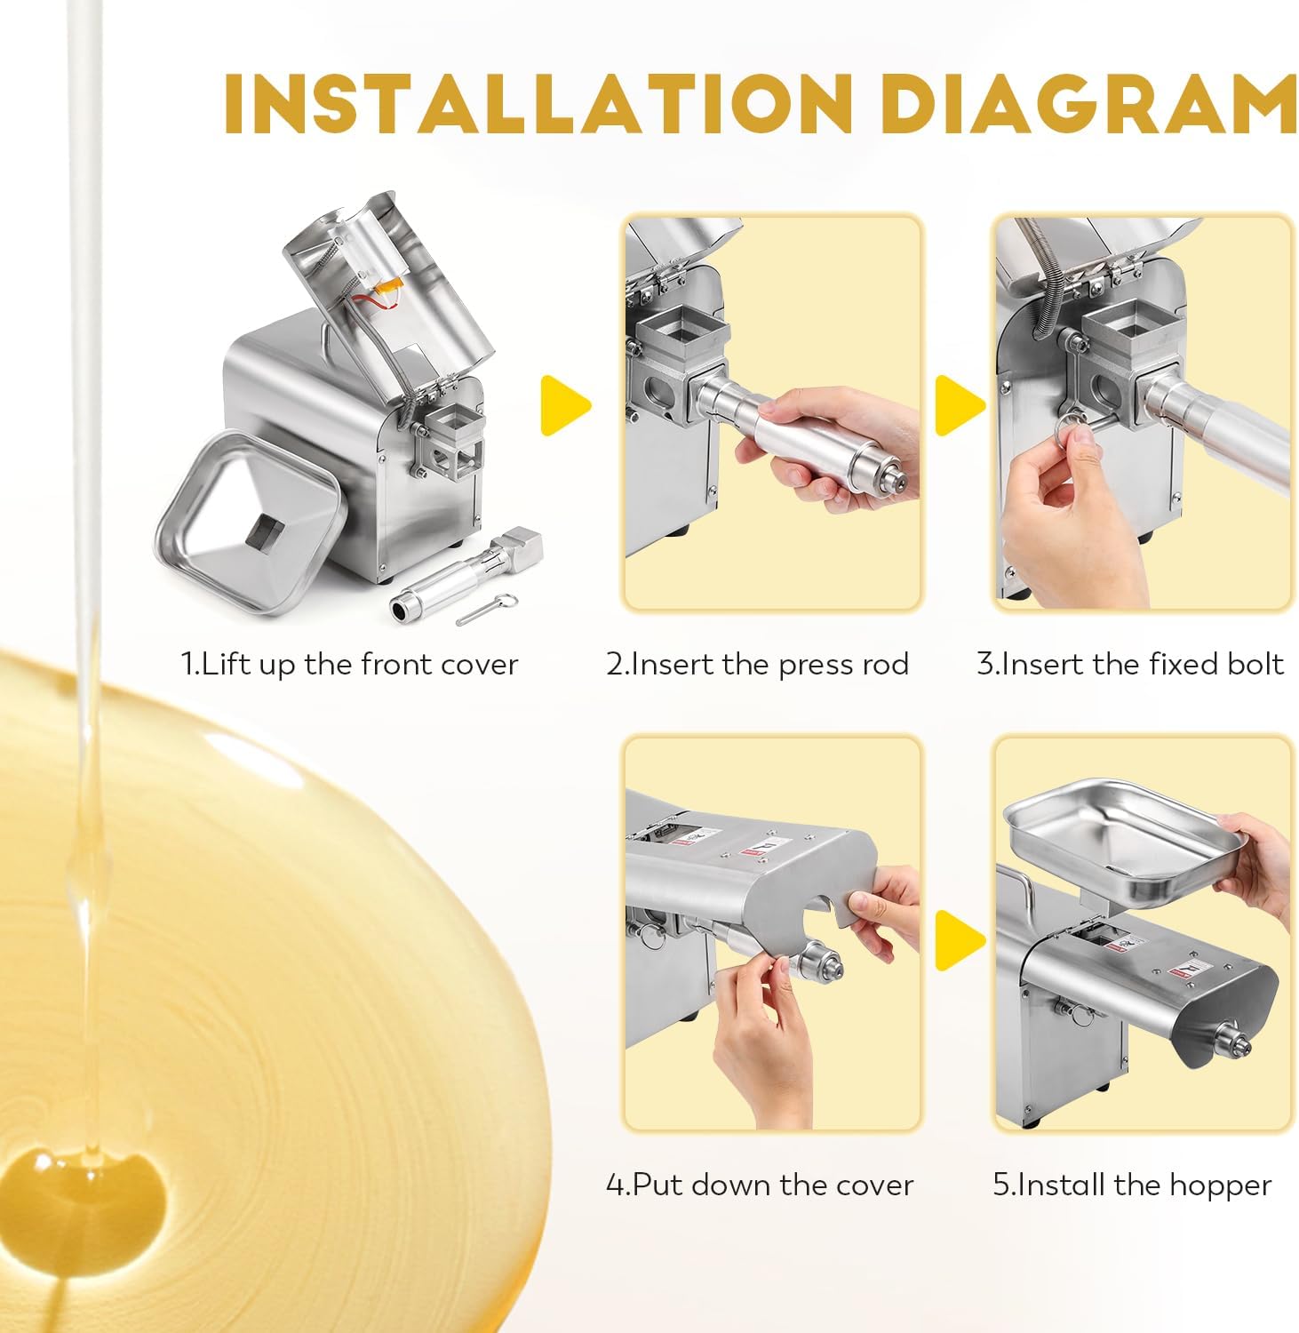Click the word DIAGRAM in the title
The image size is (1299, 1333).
coord(1092,106)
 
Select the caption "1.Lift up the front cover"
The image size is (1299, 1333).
coord(349,666)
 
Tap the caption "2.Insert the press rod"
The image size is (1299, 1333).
coord(758,666)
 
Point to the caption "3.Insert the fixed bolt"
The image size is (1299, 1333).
coord(1130,666)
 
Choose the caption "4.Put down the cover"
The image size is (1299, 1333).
coord(760,1185)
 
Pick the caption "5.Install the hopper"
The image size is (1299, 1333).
coord(1132,1185)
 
